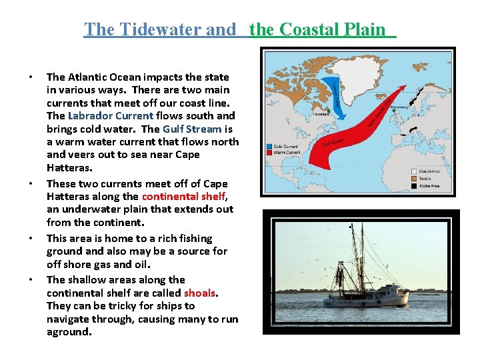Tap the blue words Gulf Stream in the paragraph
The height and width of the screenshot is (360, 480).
click(193, 129)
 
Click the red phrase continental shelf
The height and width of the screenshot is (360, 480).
click(183, 197)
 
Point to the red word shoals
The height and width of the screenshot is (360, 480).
click(201, 293)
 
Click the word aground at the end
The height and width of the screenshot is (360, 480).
click(68, 332)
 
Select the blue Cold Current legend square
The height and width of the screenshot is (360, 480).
click(269, 146)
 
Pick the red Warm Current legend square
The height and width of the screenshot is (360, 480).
click(269, 153)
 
